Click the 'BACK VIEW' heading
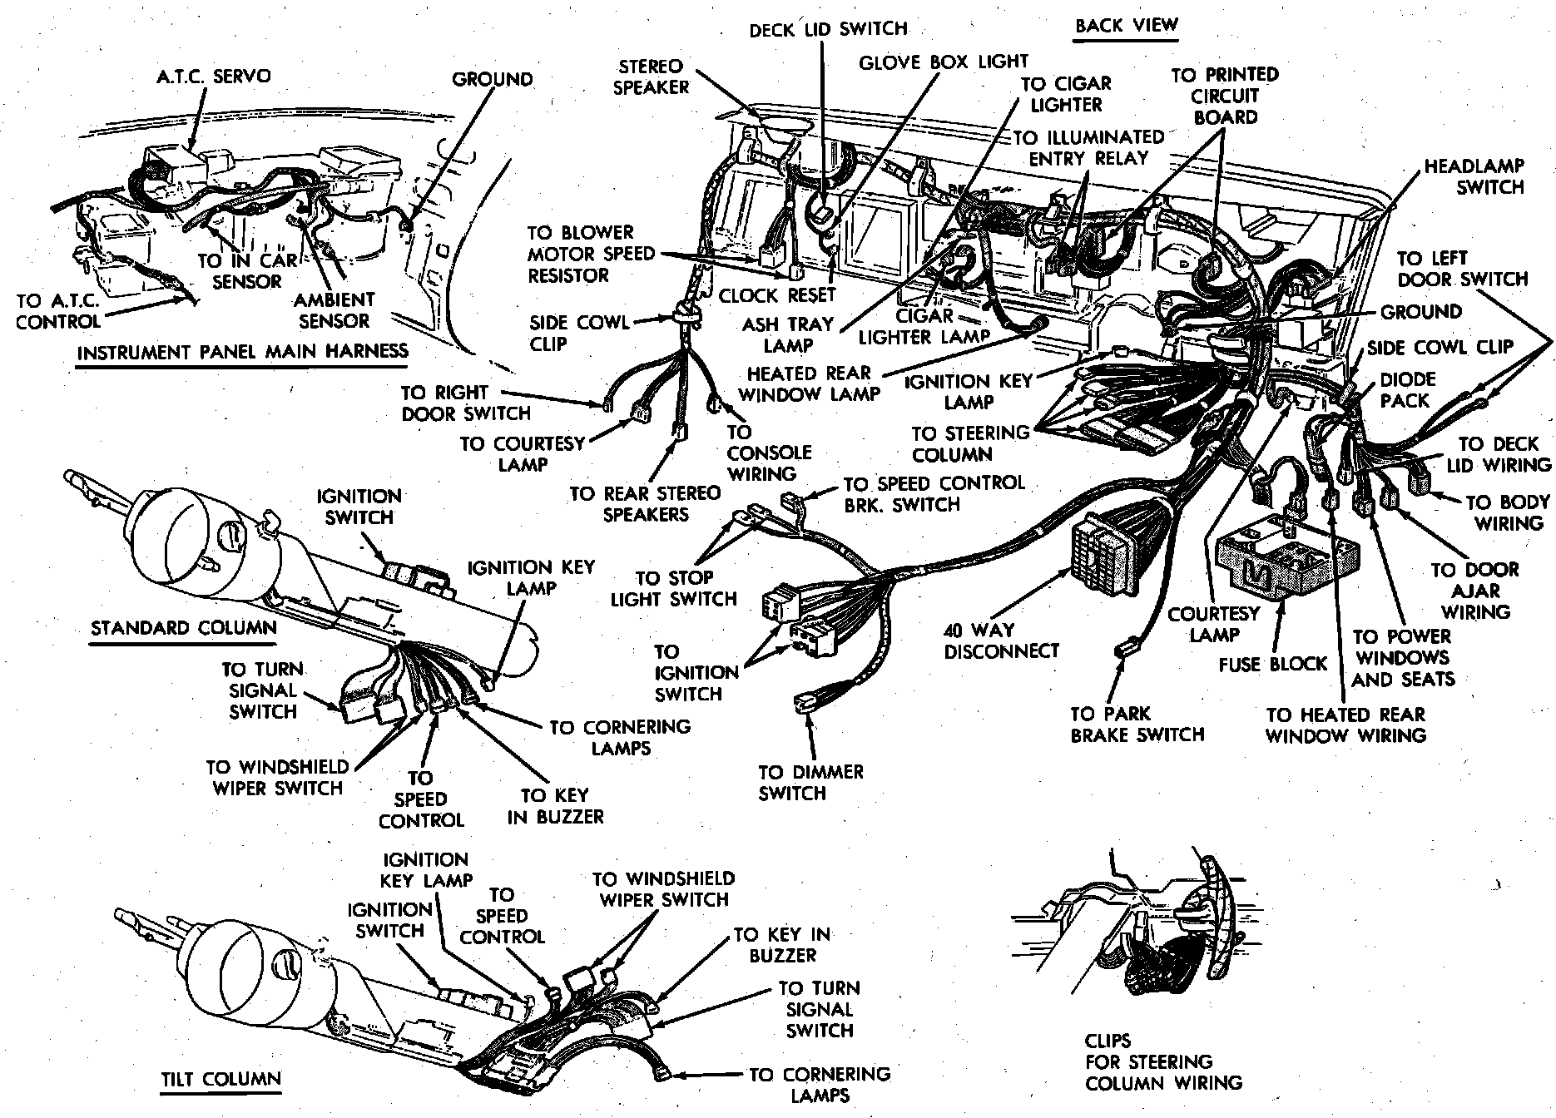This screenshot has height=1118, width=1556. click(1127, 26)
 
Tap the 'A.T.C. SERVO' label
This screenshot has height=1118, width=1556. click(213, 77)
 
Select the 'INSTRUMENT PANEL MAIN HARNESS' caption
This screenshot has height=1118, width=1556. click(242, 352)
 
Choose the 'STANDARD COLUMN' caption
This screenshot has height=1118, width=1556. click(183, 628)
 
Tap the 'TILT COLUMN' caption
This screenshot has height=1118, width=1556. click(221, 1080)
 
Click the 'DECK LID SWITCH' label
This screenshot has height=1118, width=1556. click(828, 30)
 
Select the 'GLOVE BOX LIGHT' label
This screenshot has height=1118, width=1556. click(943, 62)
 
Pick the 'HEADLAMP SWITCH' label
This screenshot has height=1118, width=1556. click(1474, 176)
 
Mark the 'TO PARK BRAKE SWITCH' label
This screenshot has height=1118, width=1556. click(1137, 725)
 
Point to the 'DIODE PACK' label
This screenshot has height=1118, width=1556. click(1408, 390)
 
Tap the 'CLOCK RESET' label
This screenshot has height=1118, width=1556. click(777, 296)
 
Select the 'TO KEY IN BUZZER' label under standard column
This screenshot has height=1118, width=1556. click(555, 806)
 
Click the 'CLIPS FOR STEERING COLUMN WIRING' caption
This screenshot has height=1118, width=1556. click(1163, 1062)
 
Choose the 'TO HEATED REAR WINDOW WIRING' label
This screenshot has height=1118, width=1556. click(1345, 725)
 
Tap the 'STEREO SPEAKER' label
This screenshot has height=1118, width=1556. click(651, 77)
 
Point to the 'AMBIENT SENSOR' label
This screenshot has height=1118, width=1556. click(335, 309)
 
